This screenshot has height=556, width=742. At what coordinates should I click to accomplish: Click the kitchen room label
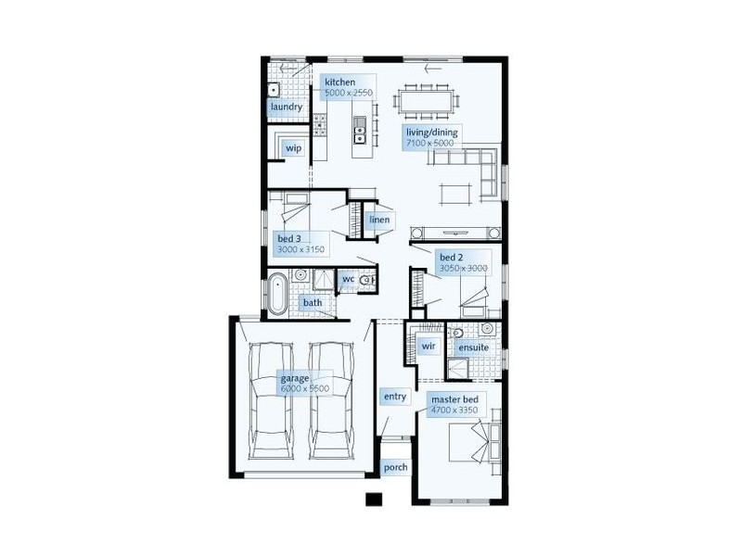point(339,82)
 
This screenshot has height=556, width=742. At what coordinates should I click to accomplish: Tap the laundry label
point(287,107)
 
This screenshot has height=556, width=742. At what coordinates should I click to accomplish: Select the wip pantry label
point(293,148)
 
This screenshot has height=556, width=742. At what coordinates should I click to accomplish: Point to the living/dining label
point(431,133)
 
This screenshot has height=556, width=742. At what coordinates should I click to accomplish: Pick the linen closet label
point(378,220)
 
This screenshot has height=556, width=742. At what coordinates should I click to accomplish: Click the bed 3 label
point(288,239)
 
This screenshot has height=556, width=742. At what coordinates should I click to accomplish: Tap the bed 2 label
point(451,257)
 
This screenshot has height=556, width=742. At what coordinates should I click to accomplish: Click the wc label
point(349,278)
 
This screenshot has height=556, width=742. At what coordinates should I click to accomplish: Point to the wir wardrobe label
point(429,346)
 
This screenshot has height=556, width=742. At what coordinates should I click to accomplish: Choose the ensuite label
point(471,347)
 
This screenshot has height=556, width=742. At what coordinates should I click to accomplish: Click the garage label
point(295,378)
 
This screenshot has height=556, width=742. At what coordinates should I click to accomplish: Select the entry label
point(395,397)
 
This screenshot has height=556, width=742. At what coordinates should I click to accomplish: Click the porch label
point(395,468)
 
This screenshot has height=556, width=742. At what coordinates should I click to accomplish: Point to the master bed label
point(452,400)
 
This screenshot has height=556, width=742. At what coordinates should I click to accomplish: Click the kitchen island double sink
point(360,134)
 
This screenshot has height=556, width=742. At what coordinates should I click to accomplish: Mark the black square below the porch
point(374,500)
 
